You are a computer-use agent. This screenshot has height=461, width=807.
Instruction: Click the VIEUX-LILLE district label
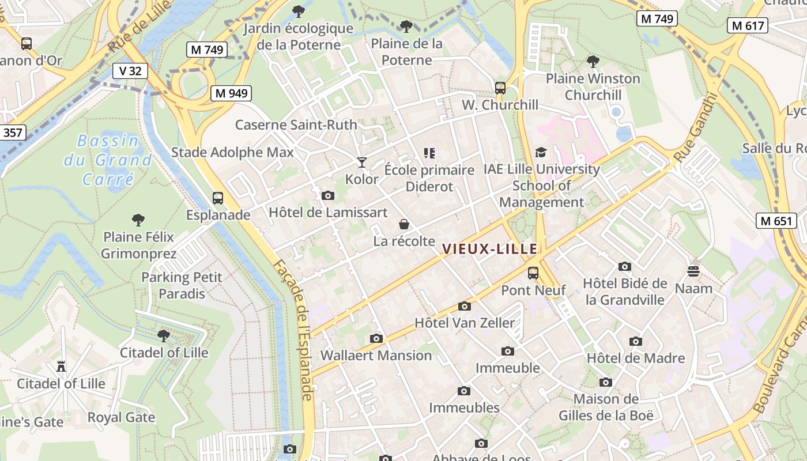[489, 249]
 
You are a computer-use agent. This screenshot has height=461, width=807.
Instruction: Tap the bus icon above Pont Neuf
[533, 273]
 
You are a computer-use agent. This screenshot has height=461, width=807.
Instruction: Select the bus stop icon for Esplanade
[218, 198]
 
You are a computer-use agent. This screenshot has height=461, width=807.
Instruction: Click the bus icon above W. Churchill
[500, 88]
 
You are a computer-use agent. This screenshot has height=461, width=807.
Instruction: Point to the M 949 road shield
[231, 93]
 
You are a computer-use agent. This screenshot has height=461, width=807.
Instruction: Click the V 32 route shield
[130, 71]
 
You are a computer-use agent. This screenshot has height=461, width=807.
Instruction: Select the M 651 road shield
[776, 221]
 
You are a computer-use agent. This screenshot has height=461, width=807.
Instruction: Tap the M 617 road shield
[748, 25]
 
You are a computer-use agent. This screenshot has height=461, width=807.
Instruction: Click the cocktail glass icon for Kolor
[361, 163]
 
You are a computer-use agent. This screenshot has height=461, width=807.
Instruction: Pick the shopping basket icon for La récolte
[404, 224]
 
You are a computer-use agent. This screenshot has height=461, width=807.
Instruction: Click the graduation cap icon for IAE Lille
[541, 152]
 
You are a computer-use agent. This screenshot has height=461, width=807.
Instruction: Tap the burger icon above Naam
[693, 271]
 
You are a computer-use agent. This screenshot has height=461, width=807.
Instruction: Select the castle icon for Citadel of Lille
[61, 366]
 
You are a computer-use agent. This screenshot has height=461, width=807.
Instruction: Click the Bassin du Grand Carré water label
[108, 160]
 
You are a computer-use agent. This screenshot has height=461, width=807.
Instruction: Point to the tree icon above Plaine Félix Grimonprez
[138, 220]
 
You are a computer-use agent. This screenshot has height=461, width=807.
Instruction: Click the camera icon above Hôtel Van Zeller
[464, 306]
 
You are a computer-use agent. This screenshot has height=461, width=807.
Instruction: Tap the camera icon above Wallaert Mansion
[376, 338]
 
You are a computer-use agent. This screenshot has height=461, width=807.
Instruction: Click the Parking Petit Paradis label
[182, 285]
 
